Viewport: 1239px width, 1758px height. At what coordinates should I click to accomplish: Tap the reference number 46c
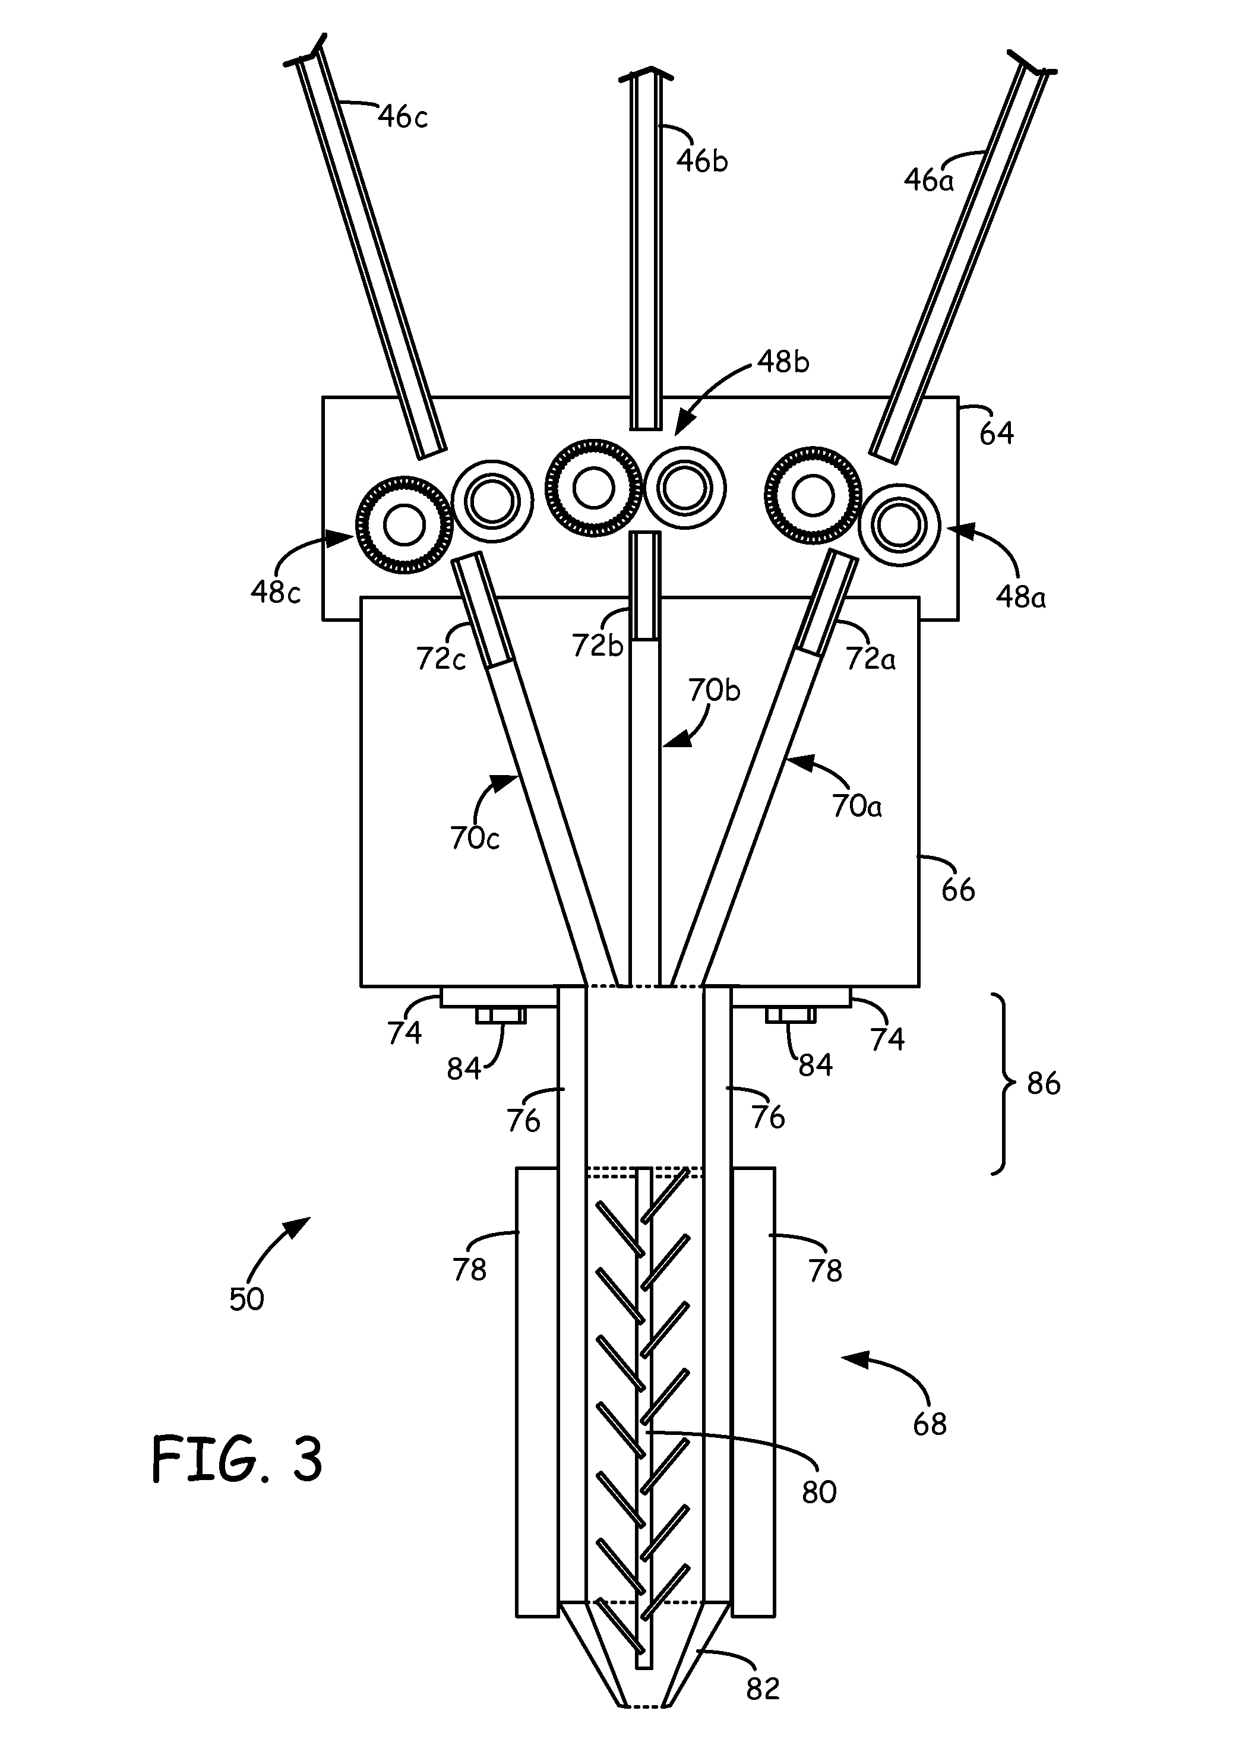coord(403,117)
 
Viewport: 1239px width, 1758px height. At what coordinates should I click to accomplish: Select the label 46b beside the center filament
coord(701,161)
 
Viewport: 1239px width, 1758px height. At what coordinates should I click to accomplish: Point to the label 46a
coord(928,181)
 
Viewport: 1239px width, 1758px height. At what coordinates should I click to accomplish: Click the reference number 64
coord(996,434)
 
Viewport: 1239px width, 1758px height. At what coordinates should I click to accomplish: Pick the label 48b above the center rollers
coord(783,362)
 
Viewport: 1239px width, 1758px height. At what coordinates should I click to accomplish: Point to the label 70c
coord(474,839)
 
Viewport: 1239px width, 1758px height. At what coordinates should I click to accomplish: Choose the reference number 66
coord(957,890)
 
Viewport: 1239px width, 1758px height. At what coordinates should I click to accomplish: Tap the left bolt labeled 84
coord(501,1015)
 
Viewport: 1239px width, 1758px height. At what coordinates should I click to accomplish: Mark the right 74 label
coord(887,1039)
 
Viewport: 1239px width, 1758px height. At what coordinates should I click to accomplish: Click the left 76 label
coord(523,1121)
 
